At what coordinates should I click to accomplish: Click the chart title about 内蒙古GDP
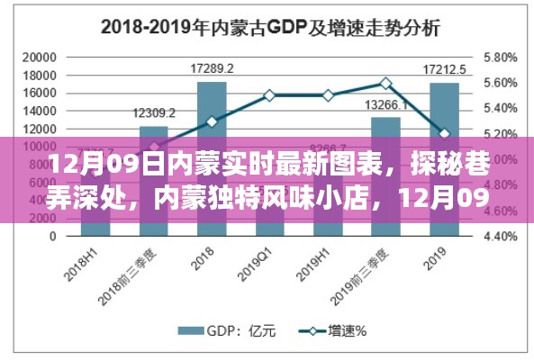(x=269, y=27)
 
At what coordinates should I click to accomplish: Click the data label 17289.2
(x=212, y=68)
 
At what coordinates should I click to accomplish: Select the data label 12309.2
(x=154, y=112)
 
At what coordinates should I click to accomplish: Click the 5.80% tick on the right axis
(x=499, y=57)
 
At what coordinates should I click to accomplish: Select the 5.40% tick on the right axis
(x=499, y=108)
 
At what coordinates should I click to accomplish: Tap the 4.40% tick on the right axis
(x=499, y=238)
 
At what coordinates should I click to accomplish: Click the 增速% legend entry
(x=340, y=331)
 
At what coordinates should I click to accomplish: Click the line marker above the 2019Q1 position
(x=269, y=94)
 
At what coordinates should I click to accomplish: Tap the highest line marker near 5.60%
(x=385, y=83)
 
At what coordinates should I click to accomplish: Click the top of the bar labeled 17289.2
(x=212, y=83)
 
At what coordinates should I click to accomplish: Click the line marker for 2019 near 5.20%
(x=444, y=133)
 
